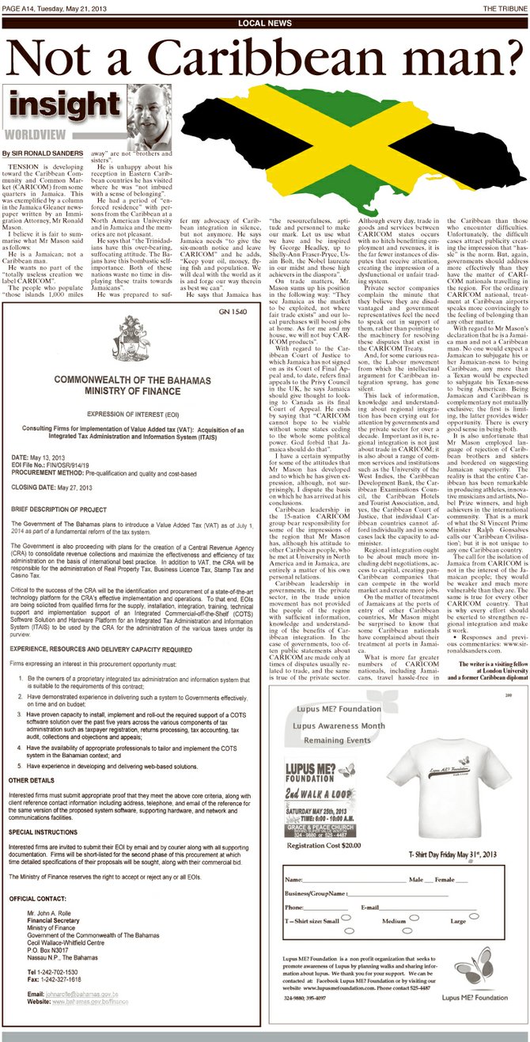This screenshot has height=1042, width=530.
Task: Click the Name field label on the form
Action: [293, 879]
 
